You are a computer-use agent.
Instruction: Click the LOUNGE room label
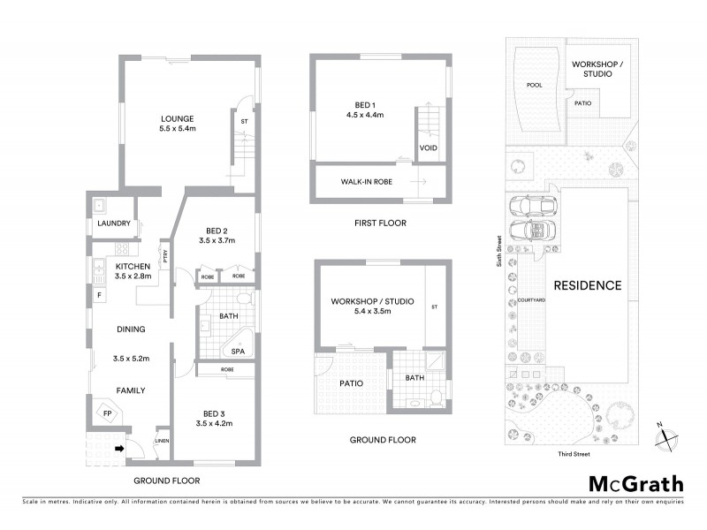coord(177,119)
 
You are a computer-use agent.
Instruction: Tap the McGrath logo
coord(635,483)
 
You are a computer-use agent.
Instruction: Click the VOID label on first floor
coord(428,148)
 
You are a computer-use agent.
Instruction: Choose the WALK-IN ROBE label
coord(367,182)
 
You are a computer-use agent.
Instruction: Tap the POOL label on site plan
coord(534,87)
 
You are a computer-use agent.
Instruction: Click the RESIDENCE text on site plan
coord(588,285)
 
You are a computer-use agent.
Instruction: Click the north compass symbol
coord(664,435)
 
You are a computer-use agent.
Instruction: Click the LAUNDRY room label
coord(115,224)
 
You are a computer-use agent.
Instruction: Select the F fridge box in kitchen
coord(99,292)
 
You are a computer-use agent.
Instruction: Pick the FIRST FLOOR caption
coord(381,223)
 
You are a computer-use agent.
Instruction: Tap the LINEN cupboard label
coord(161,442)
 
